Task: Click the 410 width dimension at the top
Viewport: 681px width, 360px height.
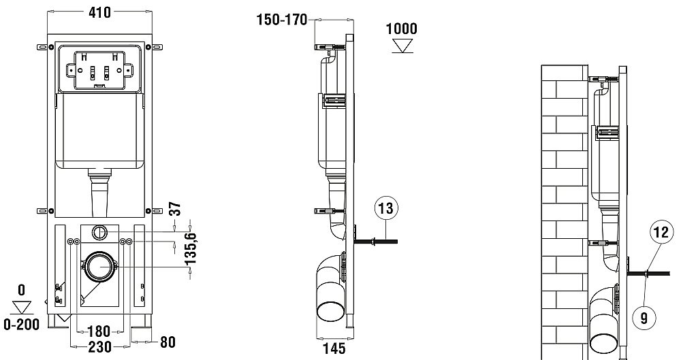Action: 99,12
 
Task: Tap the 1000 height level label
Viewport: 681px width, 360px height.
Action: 402,29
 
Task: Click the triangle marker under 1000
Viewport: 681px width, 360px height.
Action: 402,46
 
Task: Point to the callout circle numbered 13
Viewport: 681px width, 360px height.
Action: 385,209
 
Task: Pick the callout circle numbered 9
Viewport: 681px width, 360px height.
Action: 644,316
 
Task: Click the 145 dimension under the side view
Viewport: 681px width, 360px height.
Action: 333,348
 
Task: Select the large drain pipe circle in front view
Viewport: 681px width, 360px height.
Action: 100,266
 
